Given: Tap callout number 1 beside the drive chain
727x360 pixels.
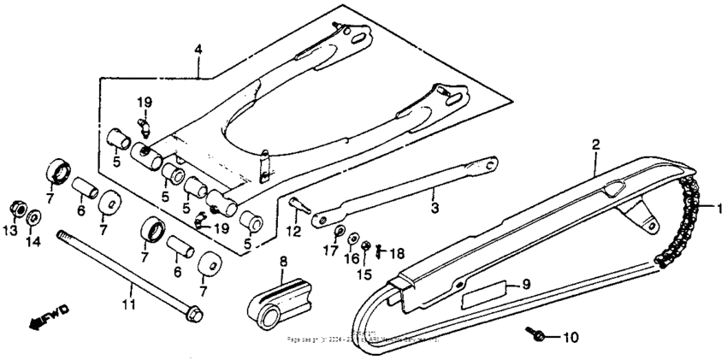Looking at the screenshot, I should pos(719,208).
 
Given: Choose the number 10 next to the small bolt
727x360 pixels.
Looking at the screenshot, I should pos(570,337).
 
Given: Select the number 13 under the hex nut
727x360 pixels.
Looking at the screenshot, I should pos(11,231).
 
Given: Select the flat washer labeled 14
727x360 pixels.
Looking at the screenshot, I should pos(33,217).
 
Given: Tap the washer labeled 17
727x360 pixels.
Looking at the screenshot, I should pos(340,232).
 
